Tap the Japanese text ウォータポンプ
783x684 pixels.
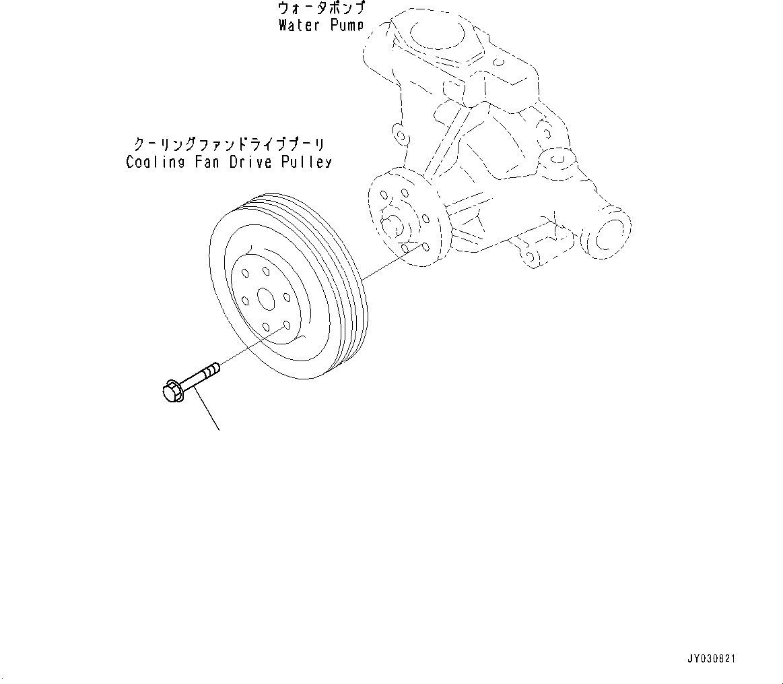tap(321, 9)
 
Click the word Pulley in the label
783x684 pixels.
tap(308, 162)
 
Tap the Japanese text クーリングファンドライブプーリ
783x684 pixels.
tap(229, 144)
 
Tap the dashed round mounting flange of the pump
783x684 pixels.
tap(404, 219)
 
